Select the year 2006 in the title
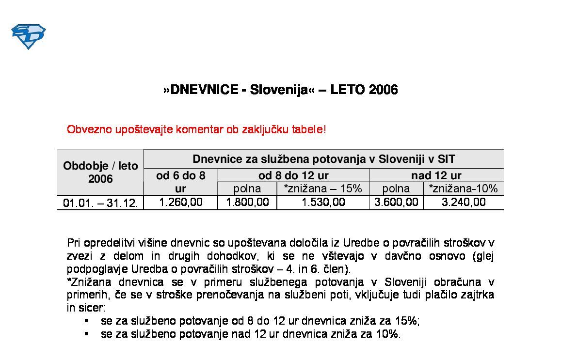tap(384, 90)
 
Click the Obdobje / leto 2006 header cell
tap(100, 172)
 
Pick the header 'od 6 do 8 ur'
tap(181, 182)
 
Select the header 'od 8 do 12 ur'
tap(293, 175)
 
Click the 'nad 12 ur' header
tap(436, 175)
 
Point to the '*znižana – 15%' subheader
tap(323, 188)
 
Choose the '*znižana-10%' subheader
tap(463, 188)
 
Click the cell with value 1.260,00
tap(181, 202)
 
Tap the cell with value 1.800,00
tap(247, 202)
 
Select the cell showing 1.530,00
tap(323, 202)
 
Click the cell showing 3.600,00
tap(396, 202)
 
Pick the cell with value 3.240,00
tap(463, 202)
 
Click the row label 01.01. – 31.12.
tap(100, 203)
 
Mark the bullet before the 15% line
tap(87, 321)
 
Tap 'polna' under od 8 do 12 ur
tap(247, 188)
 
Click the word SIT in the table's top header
tap(446, 159)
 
